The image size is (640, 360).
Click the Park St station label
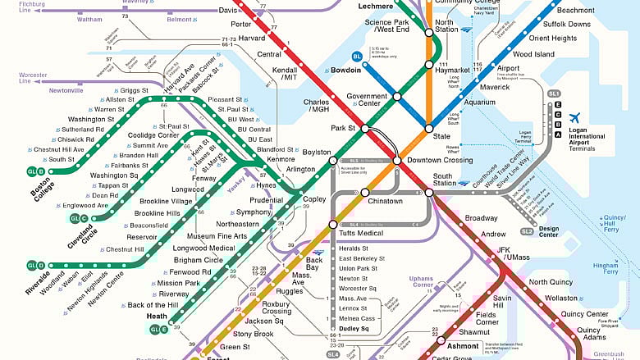[x=343, y=129]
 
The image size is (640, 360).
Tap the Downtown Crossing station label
[x=440, y=160]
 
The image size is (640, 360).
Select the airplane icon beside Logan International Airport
[x=574, y=118]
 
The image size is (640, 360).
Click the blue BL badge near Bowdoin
[x=356, y=56]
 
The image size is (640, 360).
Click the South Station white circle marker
[x=428, y=193]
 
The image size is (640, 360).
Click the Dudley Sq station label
[x=354, y=329]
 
